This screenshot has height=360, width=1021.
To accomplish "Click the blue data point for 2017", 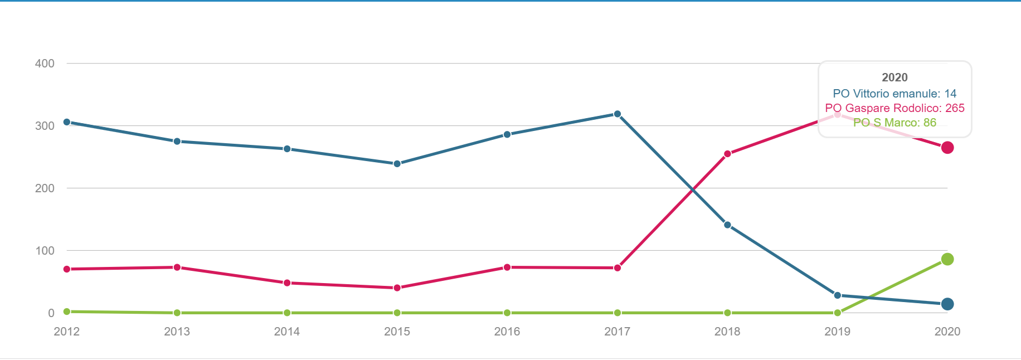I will pos(617,114).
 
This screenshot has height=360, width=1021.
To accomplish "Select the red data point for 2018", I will pos(727,154).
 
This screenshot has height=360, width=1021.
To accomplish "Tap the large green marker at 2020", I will pos(947,259).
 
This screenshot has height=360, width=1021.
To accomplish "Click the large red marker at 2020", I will pos(947,148).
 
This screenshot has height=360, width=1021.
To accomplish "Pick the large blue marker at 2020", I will pos(947,304).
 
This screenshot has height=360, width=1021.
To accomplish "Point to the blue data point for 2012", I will pos(67,122).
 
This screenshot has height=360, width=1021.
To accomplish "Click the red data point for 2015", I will pos(397,288).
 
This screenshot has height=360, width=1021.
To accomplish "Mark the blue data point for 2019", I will pos(837,295).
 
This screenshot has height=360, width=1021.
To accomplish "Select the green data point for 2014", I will pos(287,313).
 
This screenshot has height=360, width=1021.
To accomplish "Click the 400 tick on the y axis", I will pos(45,64).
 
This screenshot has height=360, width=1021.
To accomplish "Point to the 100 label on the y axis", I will pos(45,251).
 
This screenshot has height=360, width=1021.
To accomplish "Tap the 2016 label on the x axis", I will pos(507,332).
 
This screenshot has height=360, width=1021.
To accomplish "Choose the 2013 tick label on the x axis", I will pos(177,332).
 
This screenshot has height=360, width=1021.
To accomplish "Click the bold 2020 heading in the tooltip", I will pos(894,77).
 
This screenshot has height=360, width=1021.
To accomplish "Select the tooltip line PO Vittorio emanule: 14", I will pos(894,94).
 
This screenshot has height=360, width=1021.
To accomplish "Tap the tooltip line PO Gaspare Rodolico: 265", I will pos(894,108).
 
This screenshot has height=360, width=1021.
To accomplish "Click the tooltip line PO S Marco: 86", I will pos(894,123).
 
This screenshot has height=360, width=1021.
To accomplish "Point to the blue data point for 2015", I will pos(397,164).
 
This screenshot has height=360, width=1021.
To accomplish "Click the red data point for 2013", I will pos(177,267).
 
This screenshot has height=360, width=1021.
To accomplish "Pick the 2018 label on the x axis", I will pos(727,332).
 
